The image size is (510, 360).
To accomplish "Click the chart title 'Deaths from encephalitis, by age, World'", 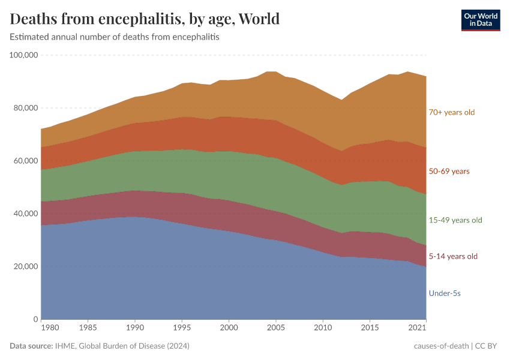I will tap(145, 19).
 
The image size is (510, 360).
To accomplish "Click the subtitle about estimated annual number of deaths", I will tap(115, 37).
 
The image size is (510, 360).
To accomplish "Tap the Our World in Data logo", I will tap(480, 20).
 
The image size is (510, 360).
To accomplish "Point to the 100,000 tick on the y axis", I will tap(24, 55).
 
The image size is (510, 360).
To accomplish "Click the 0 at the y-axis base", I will tap(36, 319).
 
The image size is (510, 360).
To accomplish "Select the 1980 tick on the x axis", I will tap(50, 329).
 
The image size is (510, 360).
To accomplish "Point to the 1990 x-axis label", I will tap(135, 329).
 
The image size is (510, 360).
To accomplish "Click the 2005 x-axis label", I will tap(276, 329).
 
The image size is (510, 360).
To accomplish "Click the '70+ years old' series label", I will tap(451, 112).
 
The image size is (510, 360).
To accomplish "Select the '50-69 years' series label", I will tap(449, 172).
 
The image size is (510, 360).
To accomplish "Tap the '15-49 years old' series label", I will tap(455, 220).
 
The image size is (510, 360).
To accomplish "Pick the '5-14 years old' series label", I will tap(453, 256).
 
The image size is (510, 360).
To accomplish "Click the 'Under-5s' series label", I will tap(445, 293).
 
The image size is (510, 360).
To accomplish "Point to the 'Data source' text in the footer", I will tap(30, 346).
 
